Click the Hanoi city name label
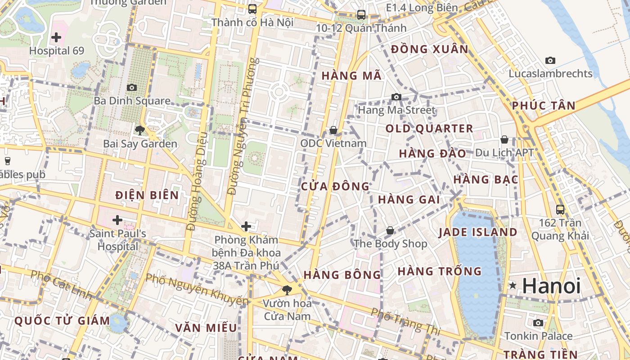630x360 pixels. click(x=552, y=286)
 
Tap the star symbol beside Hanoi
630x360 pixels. click(x=513, y=285)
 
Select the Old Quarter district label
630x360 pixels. click(x=429, y=129)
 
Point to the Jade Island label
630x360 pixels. click(x=478, y=232)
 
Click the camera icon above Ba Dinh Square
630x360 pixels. click(x=132, y=87)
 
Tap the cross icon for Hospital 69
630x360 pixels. click(x=56, y=37)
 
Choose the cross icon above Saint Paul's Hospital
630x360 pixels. click(x=117, y=220)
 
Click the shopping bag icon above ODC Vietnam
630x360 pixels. click(x=333, y=130)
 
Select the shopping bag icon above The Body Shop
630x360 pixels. click(x=390, y=230)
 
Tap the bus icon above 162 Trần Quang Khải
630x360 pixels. click(x=560, y=209)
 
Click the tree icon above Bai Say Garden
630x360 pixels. click(x=140, y=130)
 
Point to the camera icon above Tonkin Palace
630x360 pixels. click(x=538, y=323)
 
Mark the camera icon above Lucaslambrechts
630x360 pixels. click(x=550, y=60)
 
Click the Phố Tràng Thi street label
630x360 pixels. click(x=405, y=322)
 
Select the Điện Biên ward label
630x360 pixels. click(x=147, y=195)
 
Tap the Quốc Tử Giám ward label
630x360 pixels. click(x=62, y=321)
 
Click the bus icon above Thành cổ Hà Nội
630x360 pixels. click(x=252, y=9)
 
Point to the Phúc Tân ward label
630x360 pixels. click(x=544, y=106)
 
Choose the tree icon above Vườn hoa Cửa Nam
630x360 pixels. click(x=287, y=290)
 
